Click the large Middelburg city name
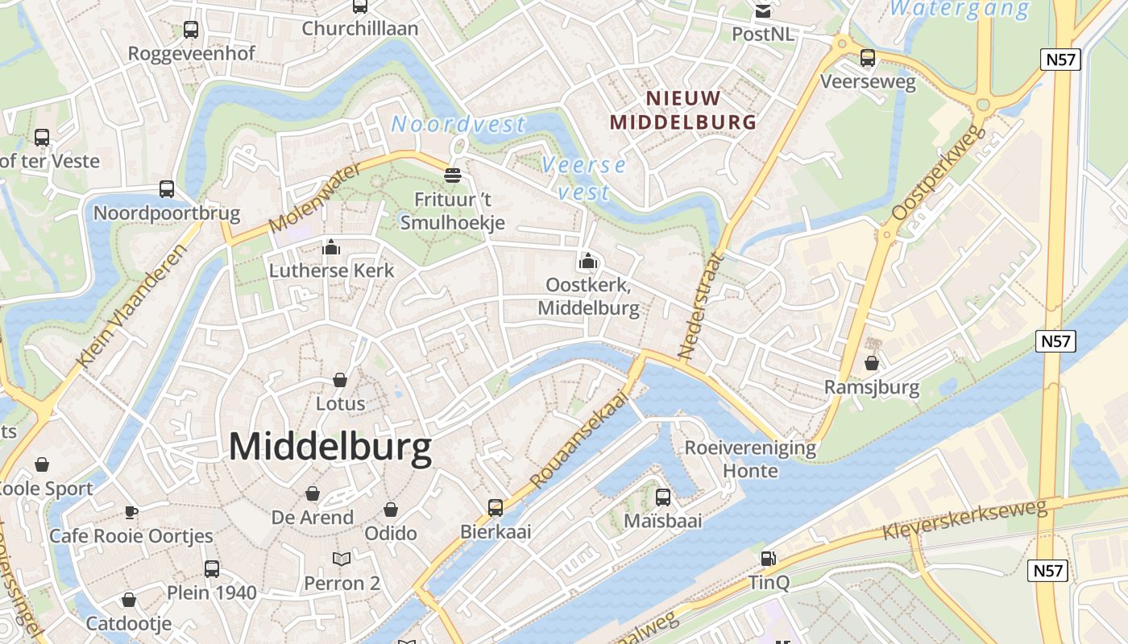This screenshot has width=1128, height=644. click(x=330, y=447)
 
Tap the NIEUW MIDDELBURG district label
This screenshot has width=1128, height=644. click(x=683, y=110)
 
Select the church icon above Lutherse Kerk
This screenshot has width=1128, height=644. click(x=331, y=247)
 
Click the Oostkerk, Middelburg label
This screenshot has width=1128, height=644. click(x=588, y=296)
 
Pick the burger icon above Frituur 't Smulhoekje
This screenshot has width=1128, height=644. click(x=453, y=175)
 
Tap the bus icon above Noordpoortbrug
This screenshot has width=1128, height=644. click(x=167, y=189)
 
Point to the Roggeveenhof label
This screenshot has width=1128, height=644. click(x=192, y=54)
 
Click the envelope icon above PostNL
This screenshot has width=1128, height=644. click(x=762, y=11)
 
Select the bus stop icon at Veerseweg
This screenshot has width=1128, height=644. click(x=868, y=58)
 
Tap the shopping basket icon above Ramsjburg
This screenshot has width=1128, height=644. click(x=871, y=363)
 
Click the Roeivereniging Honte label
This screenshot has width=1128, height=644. click(x=750, y=459)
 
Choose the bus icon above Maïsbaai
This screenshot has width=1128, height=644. click(x=663, y=497)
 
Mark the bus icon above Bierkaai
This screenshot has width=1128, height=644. click(x=496, y=508)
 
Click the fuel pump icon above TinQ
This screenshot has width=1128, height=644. click(x=769, y=558)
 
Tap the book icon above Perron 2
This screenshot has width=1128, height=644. click(x=342, y=559)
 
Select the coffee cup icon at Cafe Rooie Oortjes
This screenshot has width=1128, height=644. click(x=131, y=512)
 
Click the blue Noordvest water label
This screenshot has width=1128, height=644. click(x=458, y=125)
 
